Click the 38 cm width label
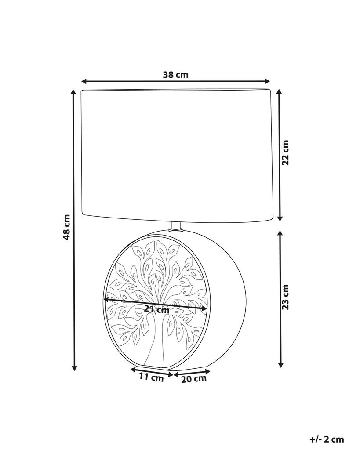coord(176,75)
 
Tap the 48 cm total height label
coord(66,227)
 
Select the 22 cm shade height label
coord(285,152)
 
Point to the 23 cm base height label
coord(285,297)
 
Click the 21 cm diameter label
coord(157,309)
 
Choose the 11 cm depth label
coord(151,377)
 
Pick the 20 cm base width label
coord(194,379)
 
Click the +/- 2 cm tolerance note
coord(327,439)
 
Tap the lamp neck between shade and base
coord(176,227)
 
